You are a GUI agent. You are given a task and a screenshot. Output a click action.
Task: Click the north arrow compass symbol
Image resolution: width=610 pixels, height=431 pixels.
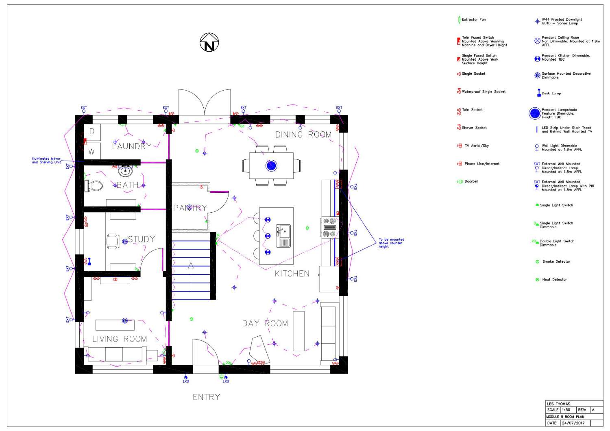pos(209,43)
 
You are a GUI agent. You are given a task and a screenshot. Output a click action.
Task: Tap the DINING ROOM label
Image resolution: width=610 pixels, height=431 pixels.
pos(303,135)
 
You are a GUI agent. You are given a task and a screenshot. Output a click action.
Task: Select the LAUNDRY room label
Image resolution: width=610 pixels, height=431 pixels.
pos(131,146)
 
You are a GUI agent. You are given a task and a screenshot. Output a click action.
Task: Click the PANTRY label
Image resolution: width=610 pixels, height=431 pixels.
pos(190,208)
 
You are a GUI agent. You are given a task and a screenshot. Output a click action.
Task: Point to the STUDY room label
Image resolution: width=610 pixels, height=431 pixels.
pos(141,239)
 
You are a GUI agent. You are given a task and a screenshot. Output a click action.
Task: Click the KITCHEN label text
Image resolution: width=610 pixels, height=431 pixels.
pos(292,274)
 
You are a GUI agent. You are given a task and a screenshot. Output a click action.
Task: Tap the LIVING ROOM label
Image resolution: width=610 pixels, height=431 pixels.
pos(119,339)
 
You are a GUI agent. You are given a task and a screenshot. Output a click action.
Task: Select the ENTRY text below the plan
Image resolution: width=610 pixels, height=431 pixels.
pos(206,397)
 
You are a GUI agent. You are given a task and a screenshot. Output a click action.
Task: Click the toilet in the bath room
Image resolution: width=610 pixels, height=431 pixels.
pos(94,186)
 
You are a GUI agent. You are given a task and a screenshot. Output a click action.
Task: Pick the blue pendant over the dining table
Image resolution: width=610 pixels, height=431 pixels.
pos(271,165)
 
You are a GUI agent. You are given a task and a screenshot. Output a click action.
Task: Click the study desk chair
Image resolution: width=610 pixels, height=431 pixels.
pos(113,241)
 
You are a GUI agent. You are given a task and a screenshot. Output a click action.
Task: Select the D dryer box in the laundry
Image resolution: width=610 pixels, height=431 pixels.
pos(92,131)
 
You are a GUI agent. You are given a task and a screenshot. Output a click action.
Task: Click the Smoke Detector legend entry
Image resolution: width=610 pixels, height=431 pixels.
pos(556,261)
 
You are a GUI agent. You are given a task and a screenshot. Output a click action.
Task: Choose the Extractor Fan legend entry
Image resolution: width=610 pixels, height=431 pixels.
pos(473,20)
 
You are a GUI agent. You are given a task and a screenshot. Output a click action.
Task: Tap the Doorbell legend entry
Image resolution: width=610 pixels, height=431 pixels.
pos(471,181)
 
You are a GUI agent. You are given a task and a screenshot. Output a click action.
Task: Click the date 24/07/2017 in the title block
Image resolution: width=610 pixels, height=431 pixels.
pos(573,423)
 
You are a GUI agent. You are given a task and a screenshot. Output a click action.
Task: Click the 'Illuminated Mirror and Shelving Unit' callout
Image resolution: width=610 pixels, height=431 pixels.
pos(46,161)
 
